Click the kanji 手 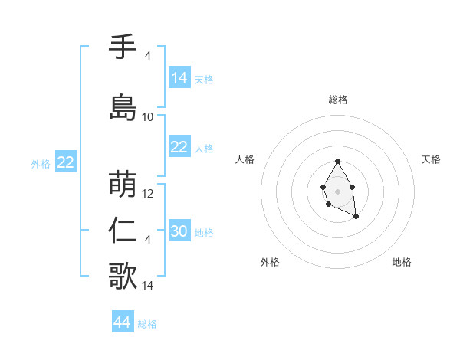(x=123, y=47)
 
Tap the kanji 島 (x=123, y=107)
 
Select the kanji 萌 (x=123, y=185)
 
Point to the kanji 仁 (x=123, y=231)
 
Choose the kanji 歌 (x=123, y=276)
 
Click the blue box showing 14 (x=179, y=78)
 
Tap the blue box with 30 (x=179, y=231)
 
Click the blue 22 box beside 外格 (x=66, y=162)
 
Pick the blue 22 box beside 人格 (x=179, y=147)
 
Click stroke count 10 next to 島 (x=148, y=117)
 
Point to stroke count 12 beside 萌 (x=148, y=194)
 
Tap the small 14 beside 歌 (x=148, y=286)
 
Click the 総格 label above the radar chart (x=338, y=100)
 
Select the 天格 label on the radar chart (x=432, y=159)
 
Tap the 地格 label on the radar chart (x=402, y=262)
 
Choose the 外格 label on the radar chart (x=270, y=262)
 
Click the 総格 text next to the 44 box (x=148, y=324)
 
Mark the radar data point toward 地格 (x=356, y=217)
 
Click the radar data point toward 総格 (x=337, y=161)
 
